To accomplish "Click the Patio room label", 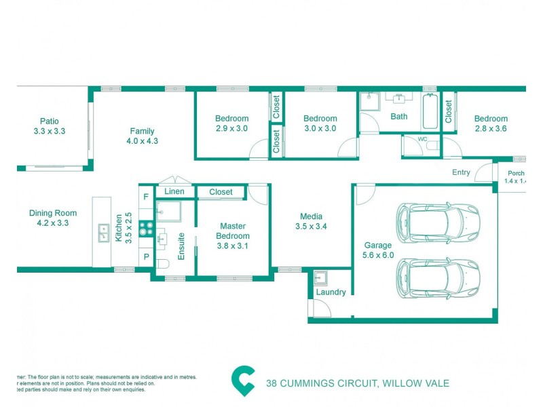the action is [x=48, y=121].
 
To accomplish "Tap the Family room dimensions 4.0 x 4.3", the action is [x=142, y=142].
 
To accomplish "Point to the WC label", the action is [x=422, y=140].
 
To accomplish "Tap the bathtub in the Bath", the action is [x=430, y=113].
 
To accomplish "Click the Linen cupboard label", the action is [x=174, y=192].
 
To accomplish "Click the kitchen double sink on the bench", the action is [x=104, y=233].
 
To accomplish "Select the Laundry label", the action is [x=331, y=292].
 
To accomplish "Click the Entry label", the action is [x=461, y=172].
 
